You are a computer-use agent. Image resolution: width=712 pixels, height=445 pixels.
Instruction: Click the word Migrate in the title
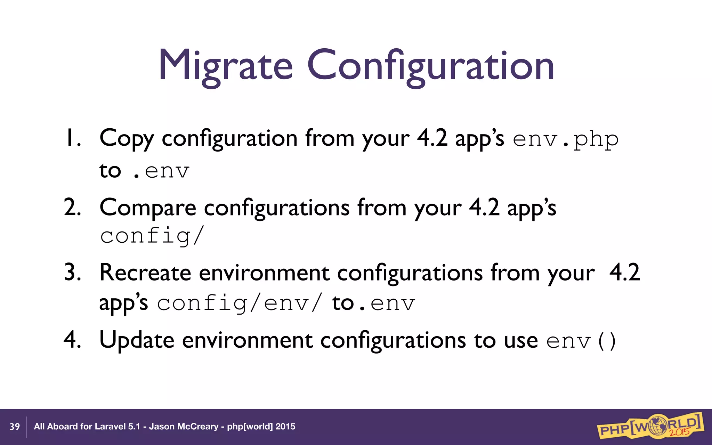point(225,66)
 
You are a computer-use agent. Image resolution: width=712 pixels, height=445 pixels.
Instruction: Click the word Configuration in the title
point(430,66)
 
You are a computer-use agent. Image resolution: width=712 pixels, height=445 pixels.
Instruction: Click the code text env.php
point(566,139)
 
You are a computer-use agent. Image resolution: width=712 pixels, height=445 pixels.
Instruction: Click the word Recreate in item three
point(145,273)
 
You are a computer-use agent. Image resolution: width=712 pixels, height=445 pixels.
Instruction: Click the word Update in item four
point(137,340)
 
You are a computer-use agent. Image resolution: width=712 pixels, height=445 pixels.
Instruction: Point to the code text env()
point(581,341)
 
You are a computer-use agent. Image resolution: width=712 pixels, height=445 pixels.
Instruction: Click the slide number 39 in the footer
point(15,427)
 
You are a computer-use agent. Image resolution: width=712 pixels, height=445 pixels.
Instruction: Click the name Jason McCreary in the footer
point(184,427)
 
